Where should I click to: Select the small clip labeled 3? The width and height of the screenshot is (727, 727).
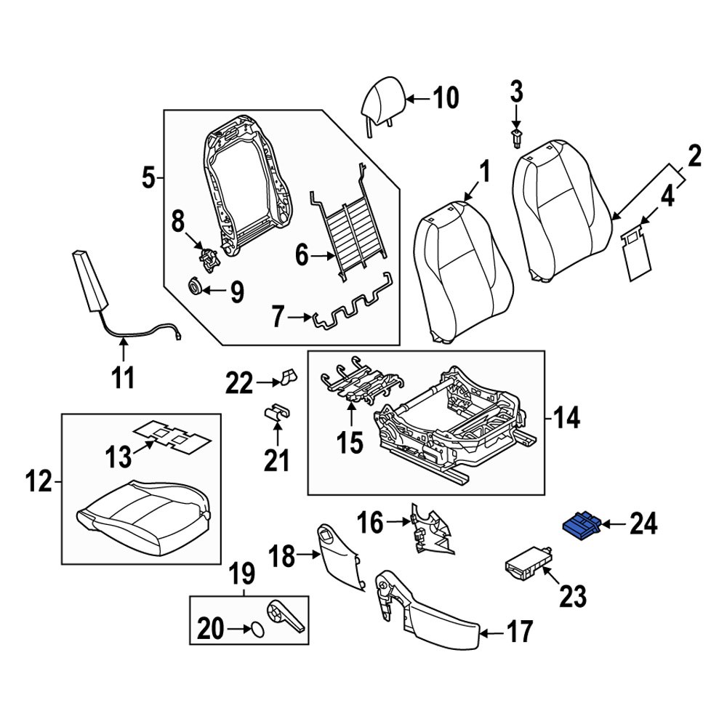517,136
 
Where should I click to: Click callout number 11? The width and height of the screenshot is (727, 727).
124,378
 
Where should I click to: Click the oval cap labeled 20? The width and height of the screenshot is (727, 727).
257,630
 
